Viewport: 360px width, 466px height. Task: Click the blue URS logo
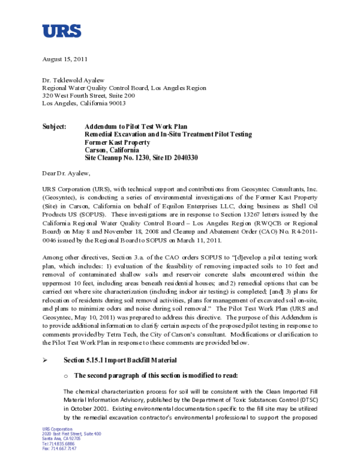tap(61, 31)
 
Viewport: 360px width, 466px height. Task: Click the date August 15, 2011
tap(65, 59)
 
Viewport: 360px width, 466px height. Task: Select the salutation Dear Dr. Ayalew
tap(66, 174)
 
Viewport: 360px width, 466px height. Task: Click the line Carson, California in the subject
tap(113, 150)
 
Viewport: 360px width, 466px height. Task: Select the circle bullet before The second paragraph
tap(66, 375)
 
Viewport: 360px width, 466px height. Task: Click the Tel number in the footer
tap(59, 443)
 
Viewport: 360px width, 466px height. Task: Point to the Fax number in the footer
tap(59, 448)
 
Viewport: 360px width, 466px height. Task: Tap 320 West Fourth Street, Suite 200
tap(88, 95)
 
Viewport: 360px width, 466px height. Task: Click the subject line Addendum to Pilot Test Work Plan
tap(136, 127)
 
